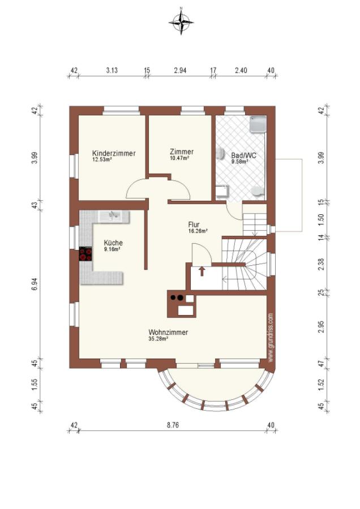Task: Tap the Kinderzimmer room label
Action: (114, 153)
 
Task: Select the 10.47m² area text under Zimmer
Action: (179, 158)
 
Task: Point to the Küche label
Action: (113, 243)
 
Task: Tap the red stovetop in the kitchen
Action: (85, 254)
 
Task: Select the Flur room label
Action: (194, 225)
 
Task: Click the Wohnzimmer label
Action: (168, 333)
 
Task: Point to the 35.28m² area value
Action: (158, 339)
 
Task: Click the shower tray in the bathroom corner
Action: (258, 125)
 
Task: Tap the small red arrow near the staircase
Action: (202, 271)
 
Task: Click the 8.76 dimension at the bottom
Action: (173, 425)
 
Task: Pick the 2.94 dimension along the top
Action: (180, 70)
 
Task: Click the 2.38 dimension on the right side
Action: (322, 264)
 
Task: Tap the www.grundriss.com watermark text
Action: (271, 337)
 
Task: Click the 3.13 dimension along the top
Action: (112, 70)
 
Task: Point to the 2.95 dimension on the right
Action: (322, 326)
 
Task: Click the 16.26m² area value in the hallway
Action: (198, 231)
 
